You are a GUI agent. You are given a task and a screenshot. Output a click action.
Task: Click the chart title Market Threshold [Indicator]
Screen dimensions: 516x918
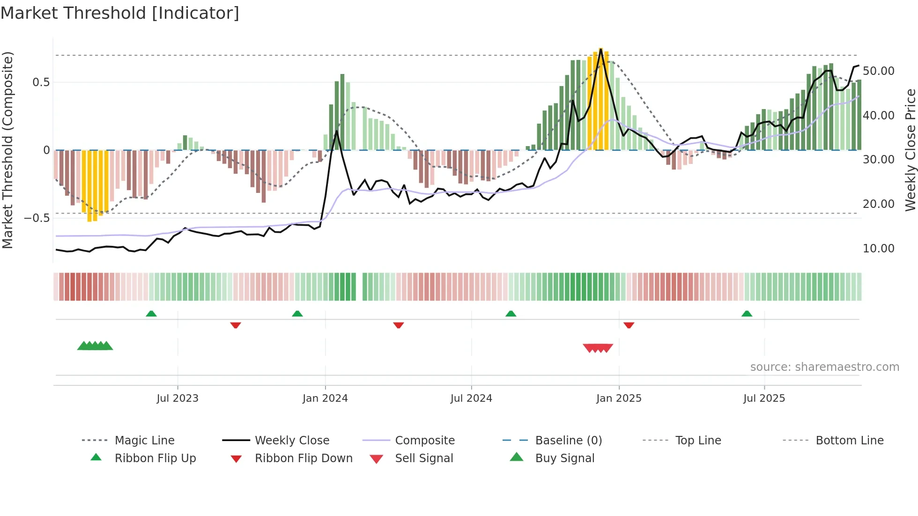coord(120,13)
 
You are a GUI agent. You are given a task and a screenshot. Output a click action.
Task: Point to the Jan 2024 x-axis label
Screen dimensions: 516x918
coord(325,398)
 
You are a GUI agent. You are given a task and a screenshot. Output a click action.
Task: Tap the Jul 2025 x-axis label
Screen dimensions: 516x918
coord(764,398)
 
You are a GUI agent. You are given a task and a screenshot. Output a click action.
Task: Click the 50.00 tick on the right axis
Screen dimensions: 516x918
coord(878,71)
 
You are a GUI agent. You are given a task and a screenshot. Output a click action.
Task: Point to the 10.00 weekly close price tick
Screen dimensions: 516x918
coord(878,248)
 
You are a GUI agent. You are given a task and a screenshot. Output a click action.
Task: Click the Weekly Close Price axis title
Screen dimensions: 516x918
coord(910,150)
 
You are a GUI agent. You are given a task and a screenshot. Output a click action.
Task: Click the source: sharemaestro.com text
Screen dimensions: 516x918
coord(824,367)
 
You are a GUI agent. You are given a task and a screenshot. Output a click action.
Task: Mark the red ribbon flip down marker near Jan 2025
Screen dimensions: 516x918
coord(629,325)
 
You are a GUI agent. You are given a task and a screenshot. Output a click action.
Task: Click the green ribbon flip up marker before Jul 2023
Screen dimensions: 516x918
coord(151,314)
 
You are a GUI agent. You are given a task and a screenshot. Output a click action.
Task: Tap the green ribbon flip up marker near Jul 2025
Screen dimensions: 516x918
coord(747,314)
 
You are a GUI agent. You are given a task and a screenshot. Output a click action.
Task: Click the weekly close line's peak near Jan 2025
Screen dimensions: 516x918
coord(601,49)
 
